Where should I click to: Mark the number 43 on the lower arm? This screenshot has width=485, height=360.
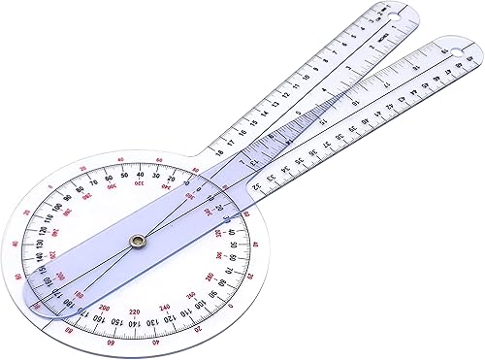(400, 98)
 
